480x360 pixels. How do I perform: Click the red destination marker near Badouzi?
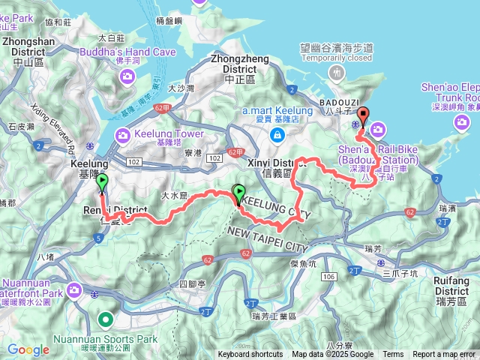364,116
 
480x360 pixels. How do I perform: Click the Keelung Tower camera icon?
121,135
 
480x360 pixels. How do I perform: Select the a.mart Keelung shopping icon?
277,135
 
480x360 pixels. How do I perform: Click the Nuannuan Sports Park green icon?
106,320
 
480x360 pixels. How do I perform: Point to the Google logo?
28,349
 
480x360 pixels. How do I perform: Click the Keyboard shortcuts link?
250,355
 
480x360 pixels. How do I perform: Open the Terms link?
393,355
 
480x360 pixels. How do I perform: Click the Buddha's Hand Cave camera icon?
128,75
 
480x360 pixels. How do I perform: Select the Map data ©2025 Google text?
332,355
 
